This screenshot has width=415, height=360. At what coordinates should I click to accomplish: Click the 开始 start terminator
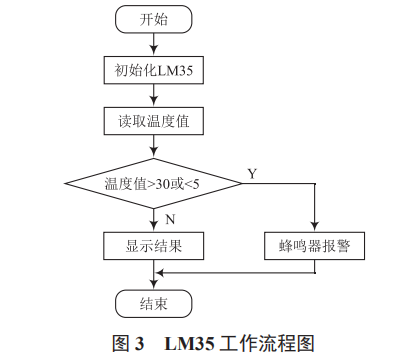pyautogui.click(x=153, y=18)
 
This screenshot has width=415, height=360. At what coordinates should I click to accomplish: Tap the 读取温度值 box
pyautogui.click(x=153, y=121)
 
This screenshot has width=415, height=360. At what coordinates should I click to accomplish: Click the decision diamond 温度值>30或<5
pyautogui.click(x=153, y=183)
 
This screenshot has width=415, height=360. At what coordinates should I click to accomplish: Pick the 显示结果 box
pyautogui.click(x=153, y=243)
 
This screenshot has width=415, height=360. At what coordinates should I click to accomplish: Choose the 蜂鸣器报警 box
pyautogui.click(x=314, y=243)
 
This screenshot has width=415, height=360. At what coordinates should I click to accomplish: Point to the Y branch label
pyautogui.click(x=252, y=173)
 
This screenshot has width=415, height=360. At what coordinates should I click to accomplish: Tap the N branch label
pyautogui.click(x=171, y=216)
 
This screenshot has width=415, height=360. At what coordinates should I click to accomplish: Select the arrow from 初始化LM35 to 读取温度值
pyautogui.click(x=153, y=95)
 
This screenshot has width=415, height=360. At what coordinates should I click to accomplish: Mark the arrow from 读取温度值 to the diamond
pyautogui.click(x=153, y=147)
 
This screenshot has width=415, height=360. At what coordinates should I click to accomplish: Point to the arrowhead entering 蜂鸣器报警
pyautogui.click(x=314, y=226)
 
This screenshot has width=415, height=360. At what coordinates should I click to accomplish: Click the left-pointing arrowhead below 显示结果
pyautogui.click(x=160, y=270)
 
